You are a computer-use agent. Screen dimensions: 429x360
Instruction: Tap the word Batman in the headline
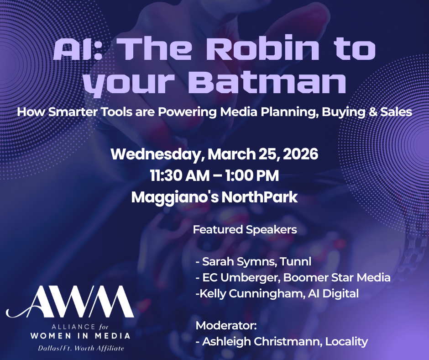point(267,81)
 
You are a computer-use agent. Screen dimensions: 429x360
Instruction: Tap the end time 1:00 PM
point(252,175)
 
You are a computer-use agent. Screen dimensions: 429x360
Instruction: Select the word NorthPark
point(259,197)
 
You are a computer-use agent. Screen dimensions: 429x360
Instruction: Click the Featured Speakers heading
point(245,230)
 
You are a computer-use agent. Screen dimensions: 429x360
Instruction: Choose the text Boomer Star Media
point(337,277)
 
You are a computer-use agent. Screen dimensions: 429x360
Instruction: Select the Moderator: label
point(226,326)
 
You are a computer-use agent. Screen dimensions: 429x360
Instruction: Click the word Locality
point(346,342)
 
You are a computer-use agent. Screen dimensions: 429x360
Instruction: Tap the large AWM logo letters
point(70,302)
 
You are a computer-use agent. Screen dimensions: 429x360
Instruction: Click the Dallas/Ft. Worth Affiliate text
point(81,349)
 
